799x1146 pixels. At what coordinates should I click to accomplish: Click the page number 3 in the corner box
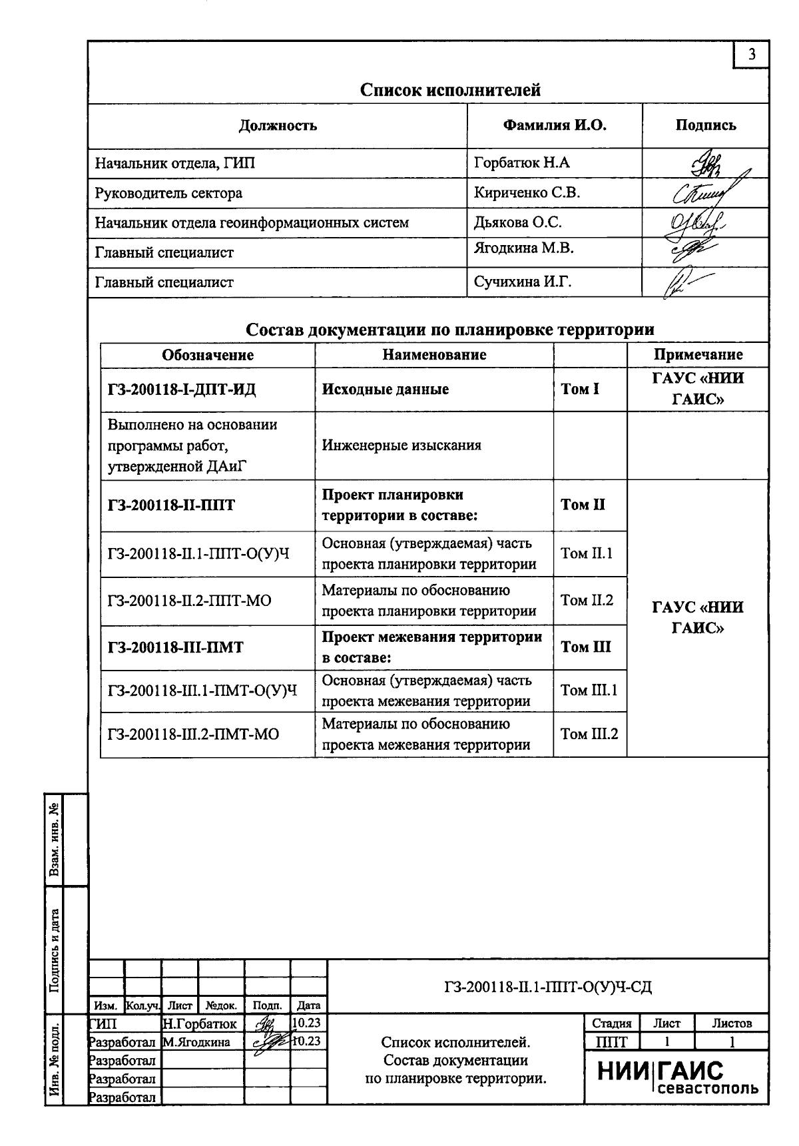click(x=752, y=55)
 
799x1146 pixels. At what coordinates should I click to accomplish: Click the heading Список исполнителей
click(x=450, y=90)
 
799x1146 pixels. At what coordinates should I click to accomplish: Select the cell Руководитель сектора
click(x=168, y=193)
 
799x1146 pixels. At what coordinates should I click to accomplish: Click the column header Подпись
click(x=706, y=125)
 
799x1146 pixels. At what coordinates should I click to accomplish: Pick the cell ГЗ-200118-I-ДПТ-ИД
click(x=181, y=390)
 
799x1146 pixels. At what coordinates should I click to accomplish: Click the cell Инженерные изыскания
click(x=401, y=445)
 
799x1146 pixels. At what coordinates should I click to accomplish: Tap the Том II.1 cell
click(x=587, y=553)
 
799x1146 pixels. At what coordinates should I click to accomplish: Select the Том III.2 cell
click(x=589, y=734)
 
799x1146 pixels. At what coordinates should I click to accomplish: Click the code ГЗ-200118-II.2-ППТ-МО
click(x=189, y=601)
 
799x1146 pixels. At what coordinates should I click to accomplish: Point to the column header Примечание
click(x=698, y=355)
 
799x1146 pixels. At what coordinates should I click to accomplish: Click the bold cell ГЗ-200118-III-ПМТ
click(x=175, y=647)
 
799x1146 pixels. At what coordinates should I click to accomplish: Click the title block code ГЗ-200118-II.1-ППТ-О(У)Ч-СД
click(x=548, y=987)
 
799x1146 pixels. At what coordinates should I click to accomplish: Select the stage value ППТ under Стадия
click(x=611, y=1041)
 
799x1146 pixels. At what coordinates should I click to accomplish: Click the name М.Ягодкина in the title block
click(x=196, y=1042)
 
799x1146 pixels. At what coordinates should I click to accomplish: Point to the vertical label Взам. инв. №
click(x=55, y=840)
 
